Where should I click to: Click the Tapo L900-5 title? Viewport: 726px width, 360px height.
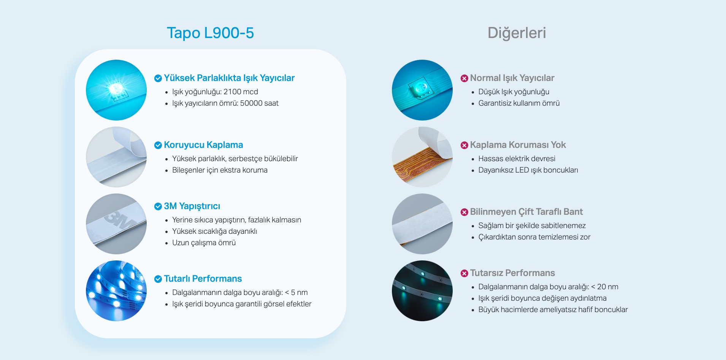point(210,33)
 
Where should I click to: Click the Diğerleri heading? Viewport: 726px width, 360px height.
point(517,33)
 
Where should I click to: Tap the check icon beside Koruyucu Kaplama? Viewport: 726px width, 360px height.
point(158,145)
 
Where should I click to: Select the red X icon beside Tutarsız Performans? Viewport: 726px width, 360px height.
point(464,273)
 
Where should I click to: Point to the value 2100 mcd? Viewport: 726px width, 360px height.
point(241,92)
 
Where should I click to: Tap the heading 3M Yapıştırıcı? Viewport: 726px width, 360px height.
point(192,206)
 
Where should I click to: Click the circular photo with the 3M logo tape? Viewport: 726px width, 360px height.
point(116,224)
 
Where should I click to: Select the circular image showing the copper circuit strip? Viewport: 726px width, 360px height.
point(422,157)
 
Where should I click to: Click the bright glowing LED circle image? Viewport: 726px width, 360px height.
point(116,90)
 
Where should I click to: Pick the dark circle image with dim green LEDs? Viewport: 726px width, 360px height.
point(422,291)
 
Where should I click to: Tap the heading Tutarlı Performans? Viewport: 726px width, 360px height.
point(203,279)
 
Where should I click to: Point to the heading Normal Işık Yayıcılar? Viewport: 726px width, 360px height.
point(512,78)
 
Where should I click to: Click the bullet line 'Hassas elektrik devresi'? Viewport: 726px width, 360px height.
point(517,159)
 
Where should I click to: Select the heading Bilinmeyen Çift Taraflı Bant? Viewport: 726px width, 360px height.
point(526,212)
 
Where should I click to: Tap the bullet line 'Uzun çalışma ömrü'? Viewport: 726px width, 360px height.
point(204,243)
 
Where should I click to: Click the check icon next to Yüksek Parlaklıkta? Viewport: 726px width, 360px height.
point(158,78)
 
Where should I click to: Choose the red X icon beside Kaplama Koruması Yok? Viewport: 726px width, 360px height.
point(464,145)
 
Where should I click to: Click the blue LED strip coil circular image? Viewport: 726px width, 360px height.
point(116,291)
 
